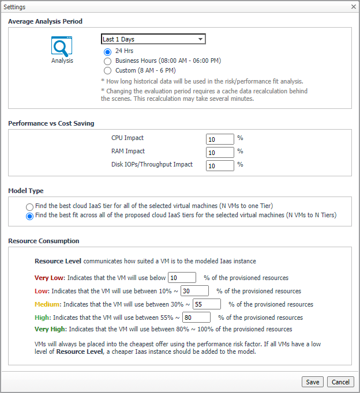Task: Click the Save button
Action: coord(312,381)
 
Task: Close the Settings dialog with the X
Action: coord(353,6)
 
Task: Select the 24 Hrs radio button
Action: coord(107,51)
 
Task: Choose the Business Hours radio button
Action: coord(107,61)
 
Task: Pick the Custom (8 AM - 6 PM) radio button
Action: coord(107,70)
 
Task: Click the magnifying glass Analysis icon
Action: coord(62,46)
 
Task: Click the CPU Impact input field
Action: coord(220,139)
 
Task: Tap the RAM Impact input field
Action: coord(220,152)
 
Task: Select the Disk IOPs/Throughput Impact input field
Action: coord(220,165)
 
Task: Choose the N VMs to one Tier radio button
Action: coord(29,206)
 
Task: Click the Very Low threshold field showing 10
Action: coord(182,278)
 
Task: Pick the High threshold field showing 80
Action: coord(197,318)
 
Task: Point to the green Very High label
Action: coord(50,330)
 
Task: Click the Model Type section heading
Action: coord(26,191)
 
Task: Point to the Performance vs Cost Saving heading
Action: coord(51,123)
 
